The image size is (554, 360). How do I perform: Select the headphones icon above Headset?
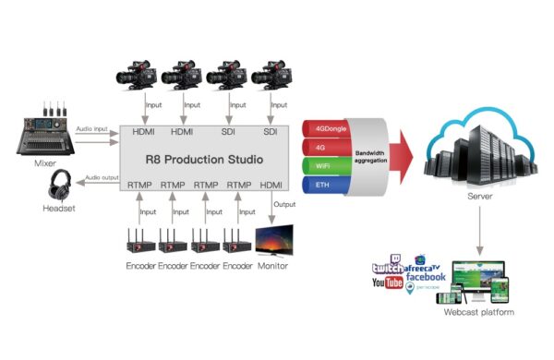pyautogui.click(x=62, y=186)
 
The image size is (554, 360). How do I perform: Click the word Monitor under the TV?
pyautogui.click(x=271, y=266)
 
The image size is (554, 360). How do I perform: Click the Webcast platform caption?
pyautogui.click(x=477, y=313)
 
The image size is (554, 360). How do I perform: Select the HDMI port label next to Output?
pyautogui.click(x=271, y=185)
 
